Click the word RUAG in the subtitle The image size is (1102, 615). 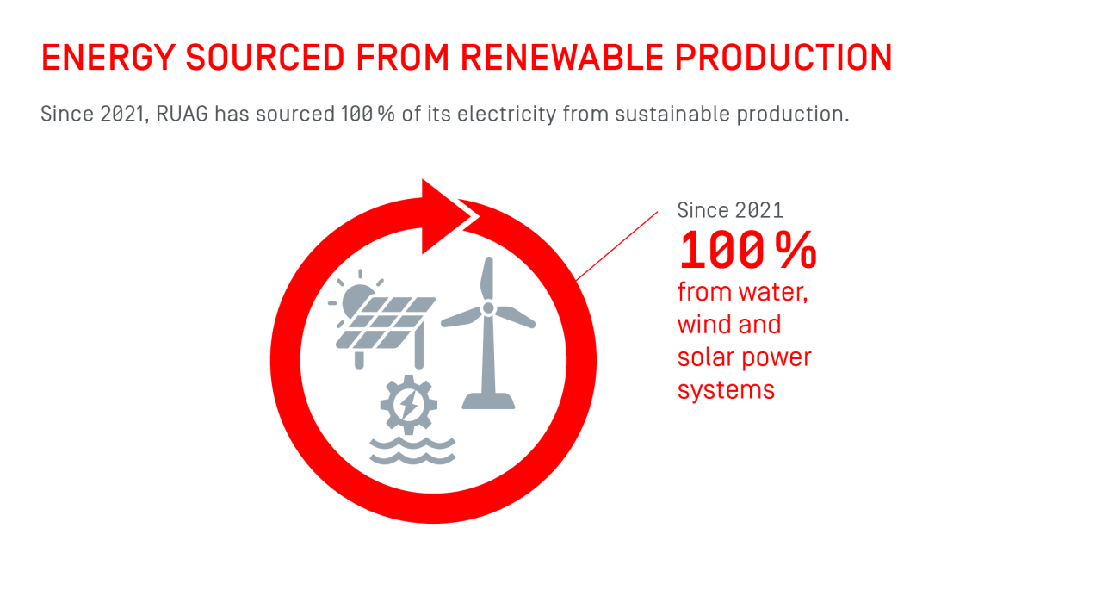pos(183,114)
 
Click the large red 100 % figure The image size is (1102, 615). pos(747,251)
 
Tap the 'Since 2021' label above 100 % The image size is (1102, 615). pos(730,210)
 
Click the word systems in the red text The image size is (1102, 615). pos(726,390)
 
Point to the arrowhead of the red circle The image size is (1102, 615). pos(443,216)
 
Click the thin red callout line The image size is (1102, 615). pos(616,245)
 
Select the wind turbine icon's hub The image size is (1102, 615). pos(488,307)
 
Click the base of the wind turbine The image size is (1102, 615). pos(488,401)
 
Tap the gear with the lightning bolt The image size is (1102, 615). pos(409,404)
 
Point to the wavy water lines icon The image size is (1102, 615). pos(412,450)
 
